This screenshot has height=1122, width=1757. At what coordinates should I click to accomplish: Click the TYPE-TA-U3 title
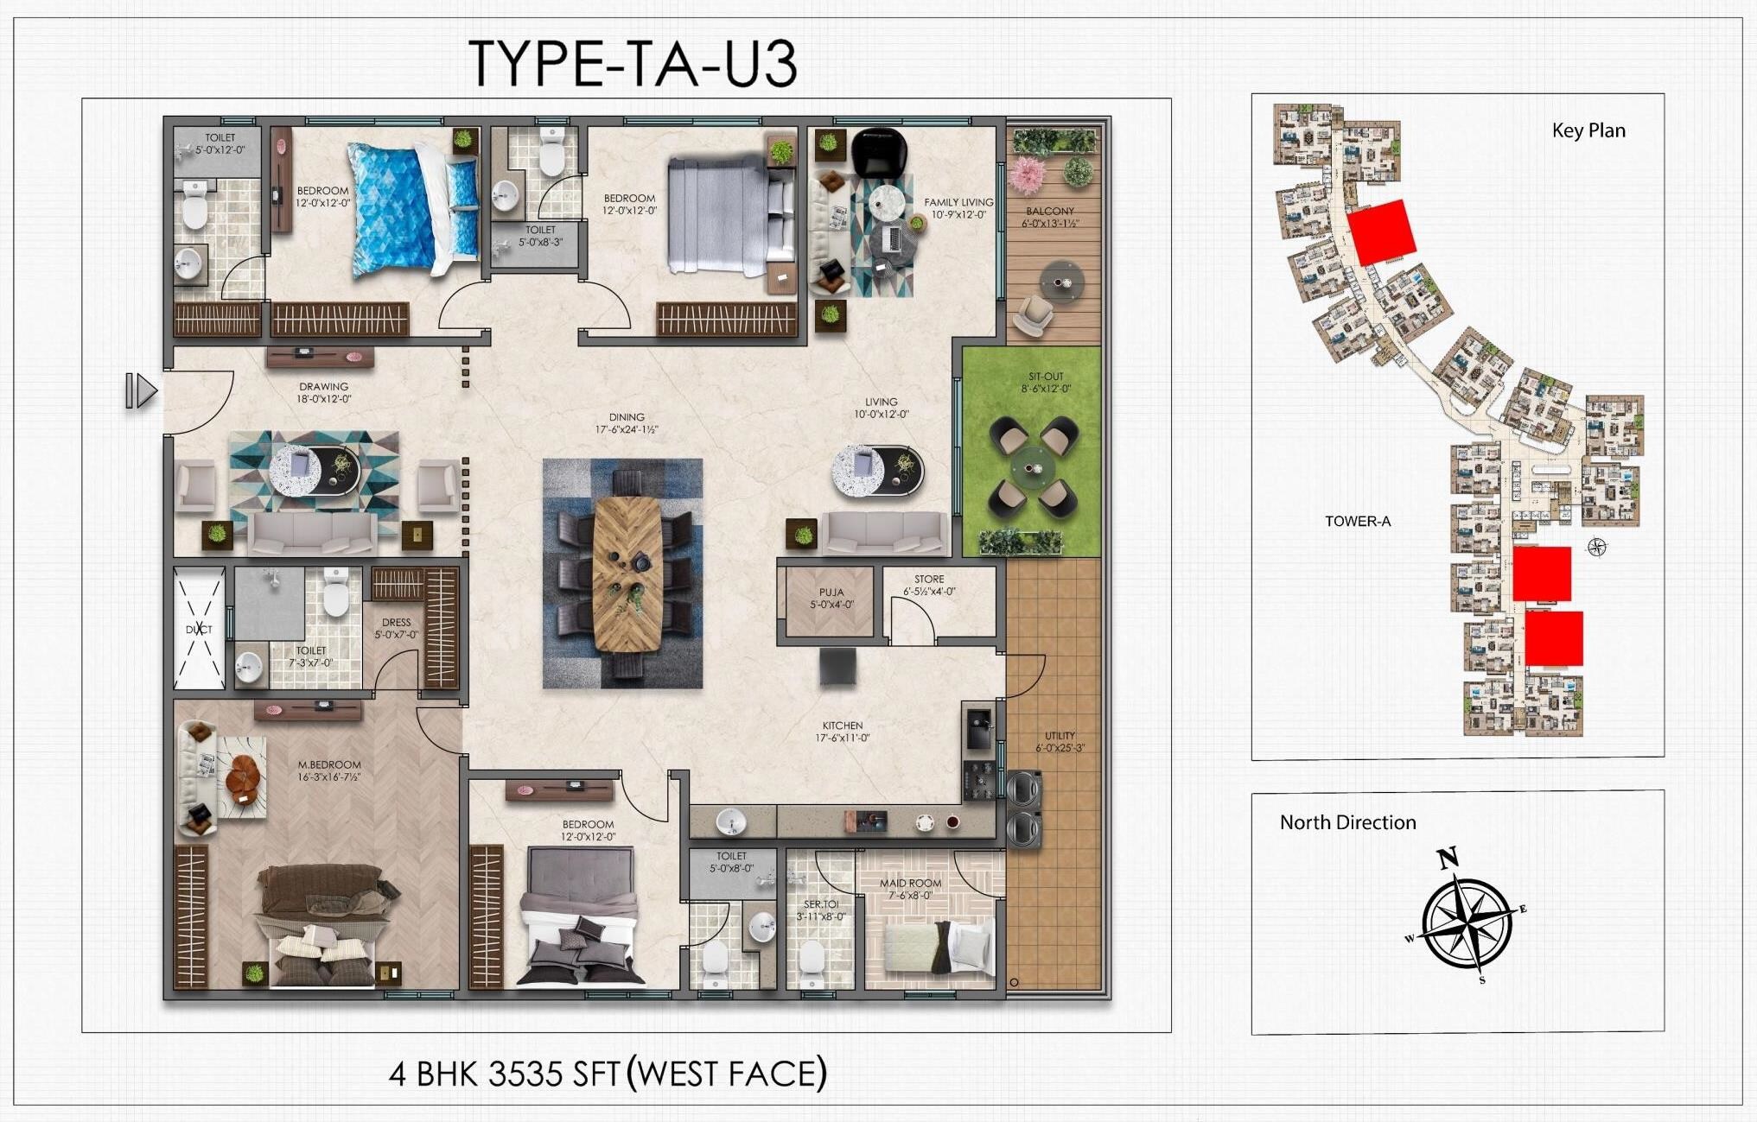click(x=632, y=63)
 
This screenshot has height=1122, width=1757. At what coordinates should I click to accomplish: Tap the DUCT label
click(x=199, y=630)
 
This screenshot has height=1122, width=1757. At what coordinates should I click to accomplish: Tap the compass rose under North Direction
click(x=1466, y=921)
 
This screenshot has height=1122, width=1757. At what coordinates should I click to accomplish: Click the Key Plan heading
click(x=1588, y=130)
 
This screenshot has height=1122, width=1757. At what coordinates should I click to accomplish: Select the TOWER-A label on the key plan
click(x=1358, y=521)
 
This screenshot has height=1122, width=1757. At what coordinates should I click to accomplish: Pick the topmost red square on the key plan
click(x=1381, y=231)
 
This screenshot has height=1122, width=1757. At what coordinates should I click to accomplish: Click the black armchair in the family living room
click(x=879, y=151)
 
